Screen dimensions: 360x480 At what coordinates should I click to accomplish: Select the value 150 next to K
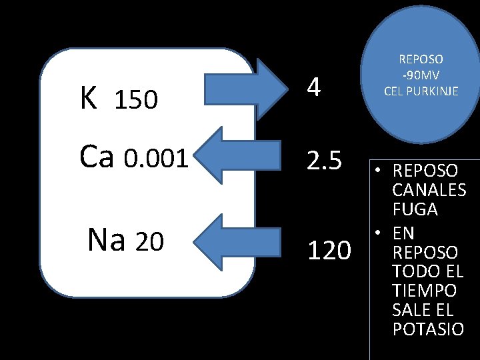[136, 101]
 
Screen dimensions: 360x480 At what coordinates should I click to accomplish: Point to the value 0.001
[157, 159]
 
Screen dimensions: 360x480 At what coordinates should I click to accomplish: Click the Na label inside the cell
[106, 241]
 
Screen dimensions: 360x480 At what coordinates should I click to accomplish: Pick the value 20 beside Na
[149, 243]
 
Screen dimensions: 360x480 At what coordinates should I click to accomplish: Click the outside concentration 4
[314, 87]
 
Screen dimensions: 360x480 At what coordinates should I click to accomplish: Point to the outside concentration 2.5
[324, 161]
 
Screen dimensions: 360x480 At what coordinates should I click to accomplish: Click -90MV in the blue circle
[421, 75]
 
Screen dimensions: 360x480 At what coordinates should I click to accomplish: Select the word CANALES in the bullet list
[429, 190]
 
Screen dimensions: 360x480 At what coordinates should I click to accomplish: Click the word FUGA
[415, 209]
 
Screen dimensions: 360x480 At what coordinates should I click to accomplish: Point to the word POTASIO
[428, 329]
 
